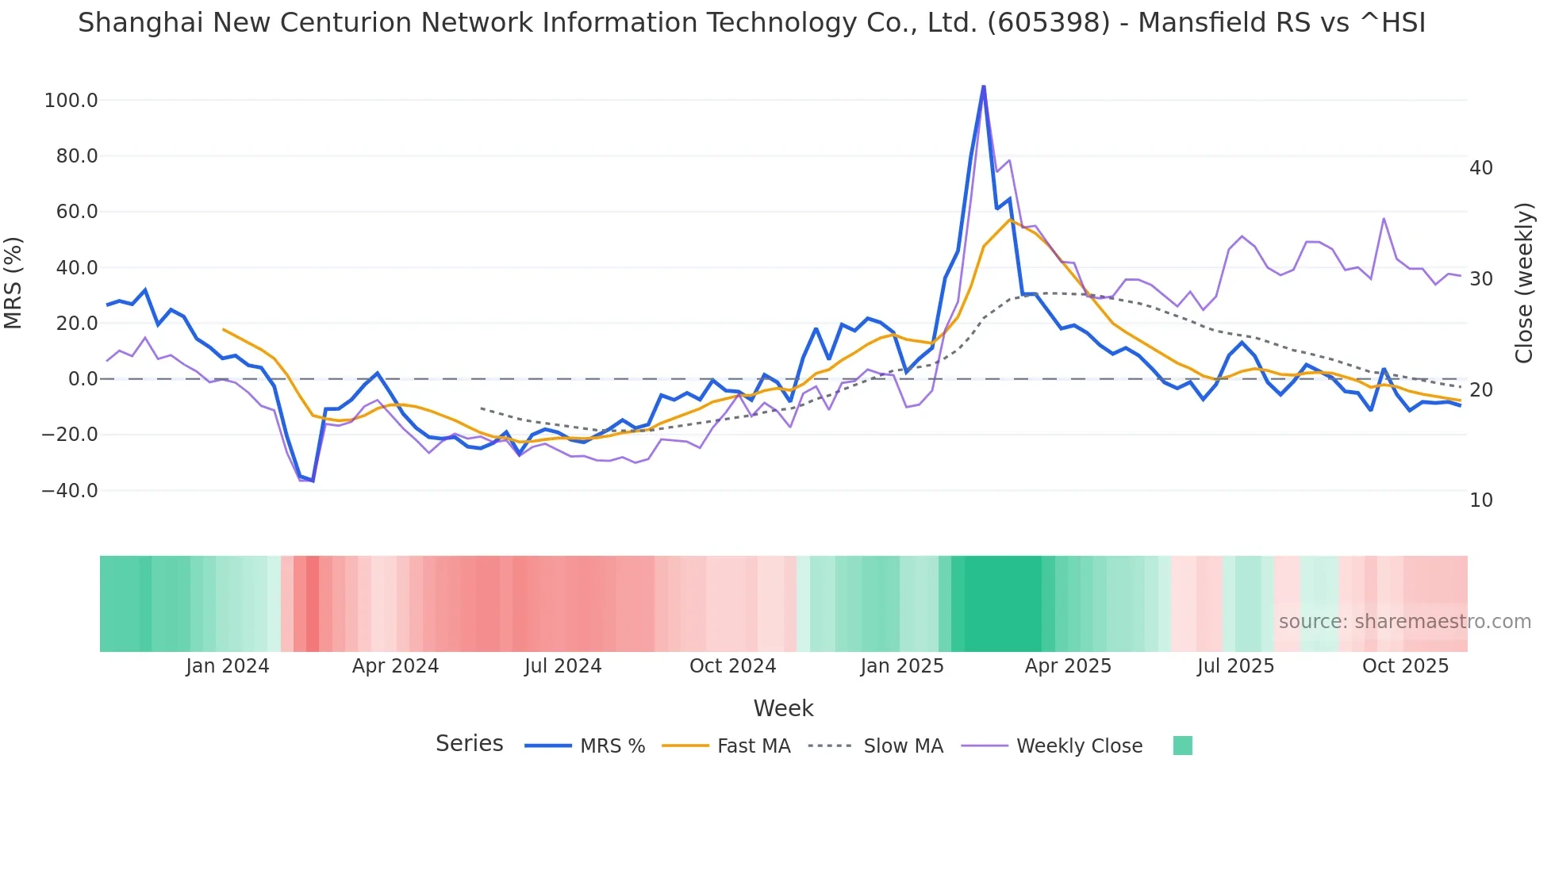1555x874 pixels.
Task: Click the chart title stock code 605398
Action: [1049, 23]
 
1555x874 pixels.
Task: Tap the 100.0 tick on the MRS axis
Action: [71, 101]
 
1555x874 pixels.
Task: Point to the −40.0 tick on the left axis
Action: [70, 491]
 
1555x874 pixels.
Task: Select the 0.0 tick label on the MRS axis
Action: [83, 379]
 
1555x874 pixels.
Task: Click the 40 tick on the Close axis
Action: [1481, 168]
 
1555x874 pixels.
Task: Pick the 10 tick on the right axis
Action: [1481, 500]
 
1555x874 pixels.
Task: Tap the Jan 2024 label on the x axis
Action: [228, 666]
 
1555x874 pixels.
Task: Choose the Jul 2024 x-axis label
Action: [563, 666]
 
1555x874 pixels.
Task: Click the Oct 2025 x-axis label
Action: [1405, 666]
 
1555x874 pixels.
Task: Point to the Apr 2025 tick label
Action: [1068, 666]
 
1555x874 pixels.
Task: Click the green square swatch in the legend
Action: [1182, 746]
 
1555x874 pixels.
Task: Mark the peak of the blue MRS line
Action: [984, 86]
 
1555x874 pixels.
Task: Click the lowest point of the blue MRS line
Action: [313, 481]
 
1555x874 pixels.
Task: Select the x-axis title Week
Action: [783, 708]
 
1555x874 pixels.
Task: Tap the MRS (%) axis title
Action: [13, 282]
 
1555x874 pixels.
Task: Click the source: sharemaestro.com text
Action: [1404, 622]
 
